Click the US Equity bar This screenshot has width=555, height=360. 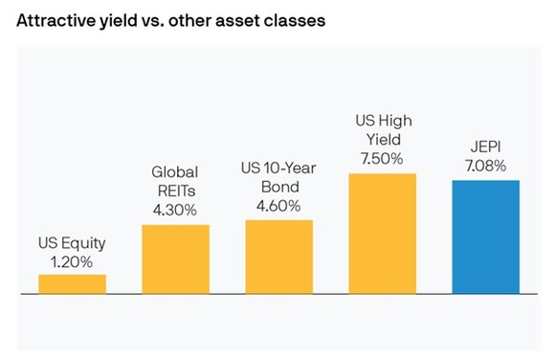73,284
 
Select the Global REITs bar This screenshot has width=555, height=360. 175,259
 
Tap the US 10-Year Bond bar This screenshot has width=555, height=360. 278,257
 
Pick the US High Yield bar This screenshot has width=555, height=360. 383,234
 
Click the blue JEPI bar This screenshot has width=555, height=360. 485,236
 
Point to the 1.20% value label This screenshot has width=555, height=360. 72,260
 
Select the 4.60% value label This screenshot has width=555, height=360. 278,205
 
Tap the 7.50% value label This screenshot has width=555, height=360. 383,159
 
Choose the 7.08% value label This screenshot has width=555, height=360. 485,166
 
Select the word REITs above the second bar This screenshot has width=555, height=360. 175,191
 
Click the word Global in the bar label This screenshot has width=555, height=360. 175,173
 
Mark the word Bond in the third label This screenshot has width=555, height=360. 278,188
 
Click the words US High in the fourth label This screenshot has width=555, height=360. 383,124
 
